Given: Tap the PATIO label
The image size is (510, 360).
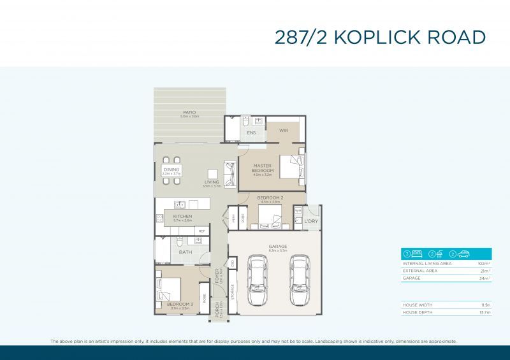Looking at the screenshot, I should [x=190, y=112].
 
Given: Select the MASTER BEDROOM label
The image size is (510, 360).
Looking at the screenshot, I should [x=263, y=168].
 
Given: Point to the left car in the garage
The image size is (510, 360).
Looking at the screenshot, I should [x=258, y=280].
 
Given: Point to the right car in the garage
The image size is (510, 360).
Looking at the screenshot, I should [x=299, y=280].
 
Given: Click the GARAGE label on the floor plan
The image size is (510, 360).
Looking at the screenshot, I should [x=278, y=246].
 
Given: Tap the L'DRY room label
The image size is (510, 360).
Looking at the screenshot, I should [x=310, y=221].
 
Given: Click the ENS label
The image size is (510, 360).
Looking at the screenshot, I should [x=251, y=133].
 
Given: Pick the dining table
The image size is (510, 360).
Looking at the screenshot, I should [x=171, y=170].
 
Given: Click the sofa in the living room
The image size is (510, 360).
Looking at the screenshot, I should [x=229, y=172].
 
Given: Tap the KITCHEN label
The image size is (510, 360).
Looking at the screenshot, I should [x=182, y=217].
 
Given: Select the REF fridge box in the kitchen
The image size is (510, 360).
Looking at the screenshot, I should [x=201, y=231].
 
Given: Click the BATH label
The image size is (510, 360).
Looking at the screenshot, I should [x=185, y=252].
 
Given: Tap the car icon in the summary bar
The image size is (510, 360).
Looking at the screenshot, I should [x=463, y=253].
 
